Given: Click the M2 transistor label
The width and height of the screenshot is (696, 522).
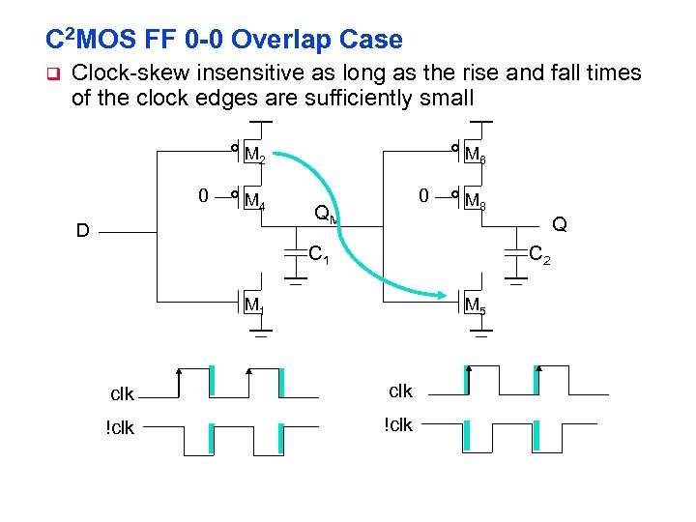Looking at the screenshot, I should pos(255,155).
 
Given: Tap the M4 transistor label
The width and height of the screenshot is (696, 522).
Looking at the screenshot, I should pos(255,202).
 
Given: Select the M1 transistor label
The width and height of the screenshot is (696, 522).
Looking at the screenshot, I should pos(254,306).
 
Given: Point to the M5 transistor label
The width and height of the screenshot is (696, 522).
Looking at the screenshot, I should pos(476,306).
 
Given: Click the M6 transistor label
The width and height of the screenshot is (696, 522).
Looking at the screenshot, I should pos(476,155).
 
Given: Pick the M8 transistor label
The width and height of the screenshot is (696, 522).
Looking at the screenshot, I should pos(476,202).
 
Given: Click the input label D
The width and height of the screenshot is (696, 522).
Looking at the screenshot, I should pos(84,231).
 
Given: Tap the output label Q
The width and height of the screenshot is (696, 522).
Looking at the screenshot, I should pos(558,224).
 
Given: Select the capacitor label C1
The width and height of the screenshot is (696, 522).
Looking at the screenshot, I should pos(319,256).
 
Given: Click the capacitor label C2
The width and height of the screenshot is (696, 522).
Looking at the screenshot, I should pos(539,255).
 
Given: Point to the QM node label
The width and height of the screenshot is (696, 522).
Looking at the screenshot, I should pos(327,214).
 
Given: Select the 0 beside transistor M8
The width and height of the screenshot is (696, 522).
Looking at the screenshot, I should pos(423,196).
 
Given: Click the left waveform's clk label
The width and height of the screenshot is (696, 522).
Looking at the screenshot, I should pos(122,393).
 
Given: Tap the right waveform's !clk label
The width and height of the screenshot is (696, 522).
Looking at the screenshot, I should pos(398,424).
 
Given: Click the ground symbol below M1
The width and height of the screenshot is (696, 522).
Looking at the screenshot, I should pos(260,335).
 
